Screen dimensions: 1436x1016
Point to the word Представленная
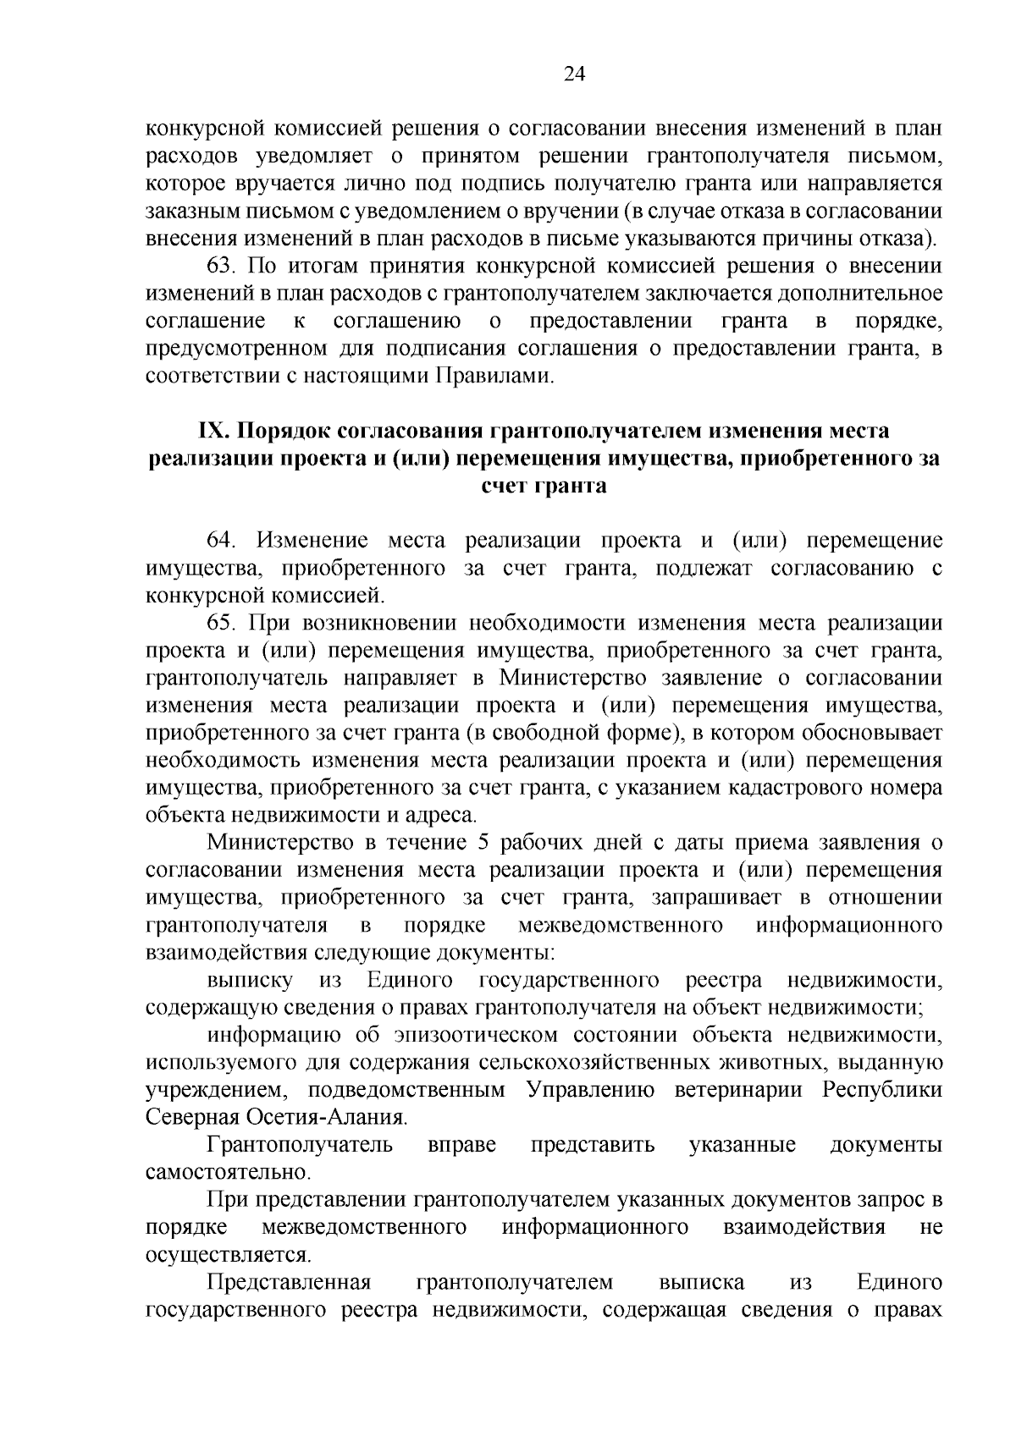tap(290, 1283)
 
